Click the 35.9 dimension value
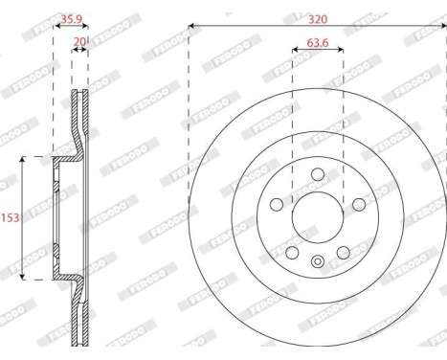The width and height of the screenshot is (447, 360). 70,17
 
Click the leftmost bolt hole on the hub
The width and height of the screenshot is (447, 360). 277,204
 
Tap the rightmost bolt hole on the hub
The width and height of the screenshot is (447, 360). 359,204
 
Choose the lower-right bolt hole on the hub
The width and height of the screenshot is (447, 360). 343,252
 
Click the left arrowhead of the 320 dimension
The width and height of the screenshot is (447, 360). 191,24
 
